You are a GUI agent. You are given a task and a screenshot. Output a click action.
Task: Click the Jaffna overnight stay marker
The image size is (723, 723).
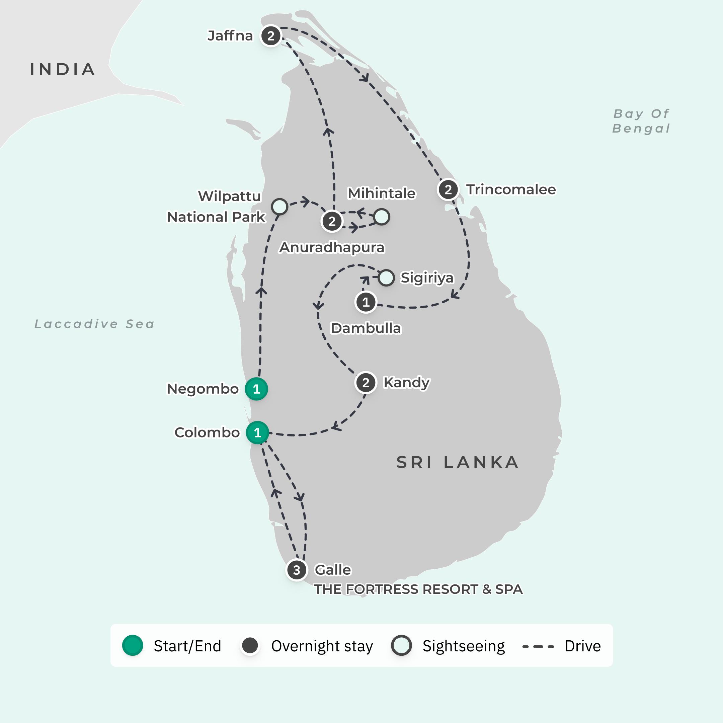click(270, 36)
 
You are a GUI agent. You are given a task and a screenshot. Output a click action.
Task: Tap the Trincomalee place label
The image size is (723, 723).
click(511, 189)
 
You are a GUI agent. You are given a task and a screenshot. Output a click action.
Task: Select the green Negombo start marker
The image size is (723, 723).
click(256, 389)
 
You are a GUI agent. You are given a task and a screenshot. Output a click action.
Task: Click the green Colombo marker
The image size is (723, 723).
click(257, 432)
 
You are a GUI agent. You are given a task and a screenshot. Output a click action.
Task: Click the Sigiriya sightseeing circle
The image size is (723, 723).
click(386, 278)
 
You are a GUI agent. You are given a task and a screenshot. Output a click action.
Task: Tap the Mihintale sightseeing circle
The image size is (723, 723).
click(382, 217)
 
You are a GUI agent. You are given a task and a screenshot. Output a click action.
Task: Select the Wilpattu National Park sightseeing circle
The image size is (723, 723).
click(279, 206)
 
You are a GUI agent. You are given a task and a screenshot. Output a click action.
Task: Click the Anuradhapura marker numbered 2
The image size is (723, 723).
click(332, 221)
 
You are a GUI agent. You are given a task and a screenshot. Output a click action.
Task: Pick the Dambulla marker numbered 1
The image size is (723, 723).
click(366, 302)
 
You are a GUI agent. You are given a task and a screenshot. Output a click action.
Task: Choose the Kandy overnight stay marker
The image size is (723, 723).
click(366, 383)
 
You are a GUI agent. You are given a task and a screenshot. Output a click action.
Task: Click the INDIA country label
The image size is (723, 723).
click(63, 70)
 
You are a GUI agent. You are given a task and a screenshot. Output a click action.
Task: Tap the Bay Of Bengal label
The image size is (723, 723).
click(641, 121)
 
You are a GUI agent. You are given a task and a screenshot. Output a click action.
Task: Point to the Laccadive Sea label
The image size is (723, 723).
click(95, 324)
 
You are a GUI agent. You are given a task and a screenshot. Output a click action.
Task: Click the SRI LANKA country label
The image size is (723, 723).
click(458, 463)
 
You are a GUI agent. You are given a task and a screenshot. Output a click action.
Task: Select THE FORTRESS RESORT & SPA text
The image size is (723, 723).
click(418, 589)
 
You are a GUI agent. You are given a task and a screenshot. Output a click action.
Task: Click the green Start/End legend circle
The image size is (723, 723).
click(133, 646)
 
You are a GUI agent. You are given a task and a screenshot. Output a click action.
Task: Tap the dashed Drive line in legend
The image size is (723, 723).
click(538, 646)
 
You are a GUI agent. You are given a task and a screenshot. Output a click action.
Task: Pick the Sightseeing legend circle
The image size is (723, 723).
click(402, 646)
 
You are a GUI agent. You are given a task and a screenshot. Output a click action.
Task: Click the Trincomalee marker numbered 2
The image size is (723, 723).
click(448, 190)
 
